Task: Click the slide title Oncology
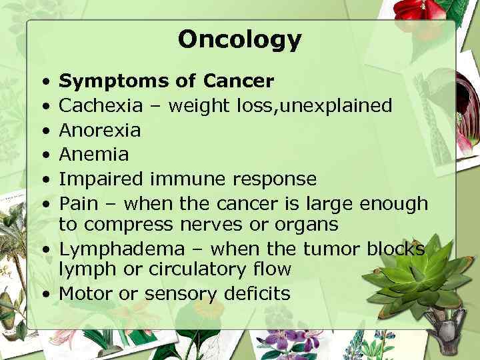239,40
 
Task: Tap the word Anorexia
100,130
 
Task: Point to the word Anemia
93,154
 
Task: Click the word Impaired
101,179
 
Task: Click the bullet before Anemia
42,154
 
